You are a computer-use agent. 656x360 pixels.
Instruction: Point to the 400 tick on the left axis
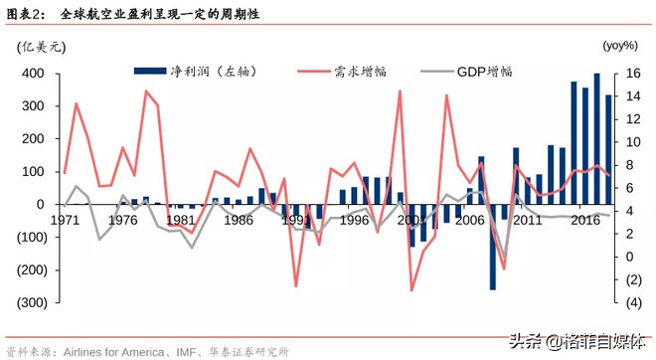tap(32, 74)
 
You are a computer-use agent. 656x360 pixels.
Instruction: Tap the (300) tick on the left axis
tap(29, 302)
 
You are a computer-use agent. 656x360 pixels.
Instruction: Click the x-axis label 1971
tap(66, 220)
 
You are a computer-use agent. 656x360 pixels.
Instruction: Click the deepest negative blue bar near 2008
tap(493, 247)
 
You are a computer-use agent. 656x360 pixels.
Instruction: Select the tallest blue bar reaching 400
tap(597, 138)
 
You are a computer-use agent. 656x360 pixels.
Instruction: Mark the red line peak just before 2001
tap(401, 91)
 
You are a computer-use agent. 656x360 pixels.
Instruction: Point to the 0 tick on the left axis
tap(41, 205)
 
